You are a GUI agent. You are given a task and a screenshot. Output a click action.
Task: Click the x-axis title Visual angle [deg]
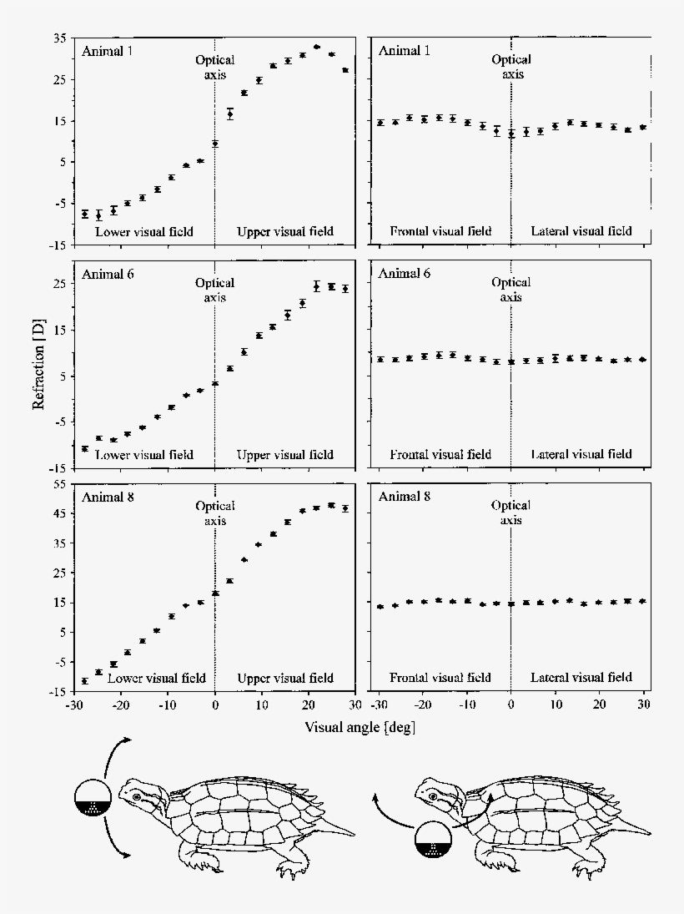(360, 727)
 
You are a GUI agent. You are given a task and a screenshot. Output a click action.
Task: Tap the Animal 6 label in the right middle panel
(405, 273)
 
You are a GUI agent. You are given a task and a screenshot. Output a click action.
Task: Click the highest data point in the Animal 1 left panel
(316, 47)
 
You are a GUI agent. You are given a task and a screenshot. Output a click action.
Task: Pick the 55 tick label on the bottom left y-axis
(59, 485)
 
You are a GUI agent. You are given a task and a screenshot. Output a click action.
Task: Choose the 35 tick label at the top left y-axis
(59, 38)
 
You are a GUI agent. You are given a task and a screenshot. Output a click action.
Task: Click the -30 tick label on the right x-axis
(379, 707)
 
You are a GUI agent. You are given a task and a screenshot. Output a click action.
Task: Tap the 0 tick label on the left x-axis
(215, 707)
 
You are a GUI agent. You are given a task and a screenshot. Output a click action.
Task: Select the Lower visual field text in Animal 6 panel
(143, 455)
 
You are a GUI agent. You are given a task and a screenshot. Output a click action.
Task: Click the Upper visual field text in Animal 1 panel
(284, 231)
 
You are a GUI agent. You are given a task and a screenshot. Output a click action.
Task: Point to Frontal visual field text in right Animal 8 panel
(440, 678)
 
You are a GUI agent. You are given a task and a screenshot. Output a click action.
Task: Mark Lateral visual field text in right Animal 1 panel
(581, 231)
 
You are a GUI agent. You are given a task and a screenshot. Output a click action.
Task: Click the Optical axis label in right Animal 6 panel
(510, 290)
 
